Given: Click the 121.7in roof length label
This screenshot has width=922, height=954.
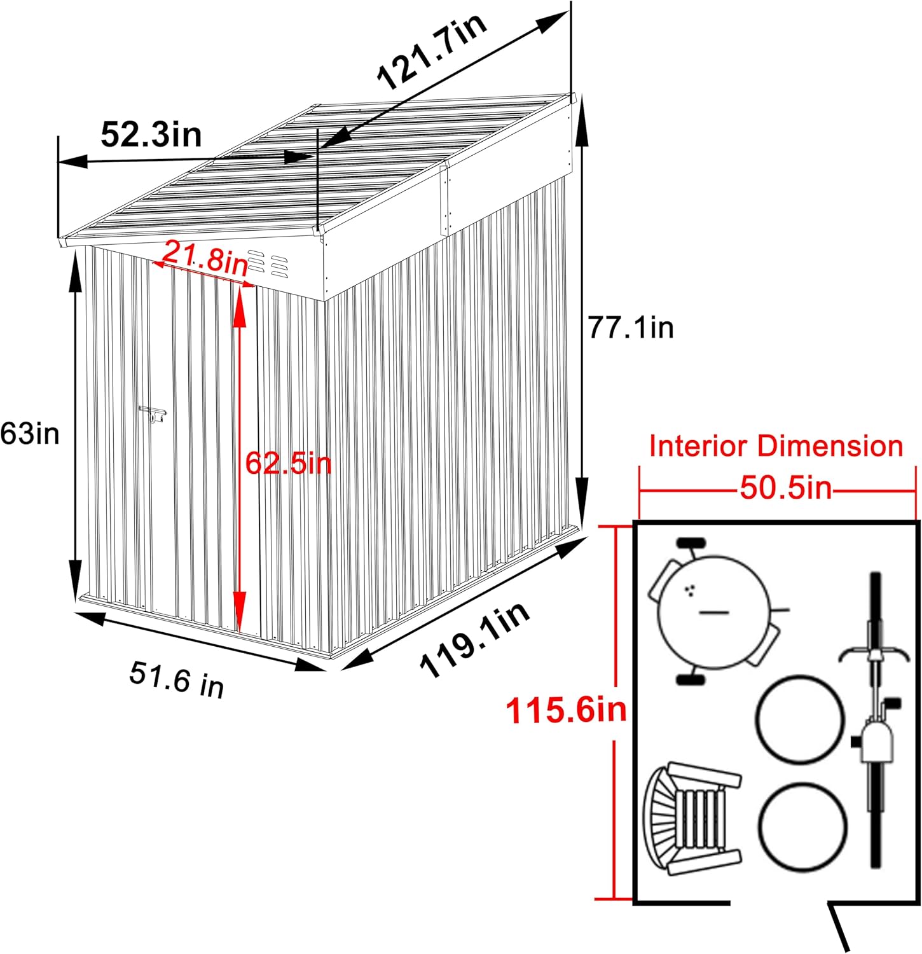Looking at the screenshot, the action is click(432, 50).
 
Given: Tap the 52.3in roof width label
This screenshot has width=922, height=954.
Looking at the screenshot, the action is click(151, 134).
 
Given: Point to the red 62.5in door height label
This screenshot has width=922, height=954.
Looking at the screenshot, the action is click(289, 463).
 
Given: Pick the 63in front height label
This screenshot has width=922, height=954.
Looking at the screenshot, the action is click(30, 434).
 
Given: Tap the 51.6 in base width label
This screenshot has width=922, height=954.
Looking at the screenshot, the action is click(177, 679).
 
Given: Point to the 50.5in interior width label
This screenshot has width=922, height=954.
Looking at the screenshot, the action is click(785, 488).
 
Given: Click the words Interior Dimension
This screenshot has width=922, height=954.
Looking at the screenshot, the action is click(776, 446).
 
